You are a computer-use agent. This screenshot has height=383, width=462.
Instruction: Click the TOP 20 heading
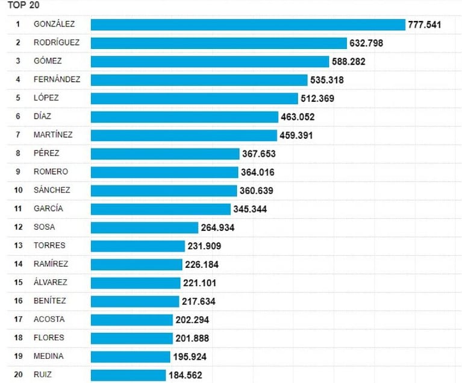click(23, 5)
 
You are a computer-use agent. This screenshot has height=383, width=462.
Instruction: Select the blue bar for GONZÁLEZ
click(248, 25)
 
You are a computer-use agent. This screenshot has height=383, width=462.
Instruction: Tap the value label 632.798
click(366, 43)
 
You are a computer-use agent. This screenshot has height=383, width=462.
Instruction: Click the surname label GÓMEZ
click(48, 61)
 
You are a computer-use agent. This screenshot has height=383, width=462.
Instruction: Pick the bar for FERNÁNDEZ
click(199, 80)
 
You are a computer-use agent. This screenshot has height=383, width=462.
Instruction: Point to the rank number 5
click(18, 98)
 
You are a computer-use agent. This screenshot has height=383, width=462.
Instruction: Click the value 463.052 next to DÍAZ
click(298, 117)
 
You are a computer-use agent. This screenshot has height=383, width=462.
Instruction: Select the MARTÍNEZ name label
click(54, 135)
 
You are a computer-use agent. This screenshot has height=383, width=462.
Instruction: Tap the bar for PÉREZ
click(165, 154)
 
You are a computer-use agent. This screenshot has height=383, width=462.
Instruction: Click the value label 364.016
click(257, 173)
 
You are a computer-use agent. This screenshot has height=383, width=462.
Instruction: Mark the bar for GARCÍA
click(161, 209)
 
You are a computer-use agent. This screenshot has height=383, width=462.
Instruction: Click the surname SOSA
click(44, 227)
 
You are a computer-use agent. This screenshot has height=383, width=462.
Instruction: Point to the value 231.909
click(204, 246)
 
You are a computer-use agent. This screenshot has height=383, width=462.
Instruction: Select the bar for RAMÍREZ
click(136, 264)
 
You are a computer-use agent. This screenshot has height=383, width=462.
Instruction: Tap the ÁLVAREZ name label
click(51, 282)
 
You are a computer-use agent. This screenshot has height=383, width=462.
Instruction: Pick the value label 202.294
click(192, 320)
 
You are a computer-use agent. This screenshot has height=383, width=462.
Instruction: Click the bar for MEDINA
click(130, 356)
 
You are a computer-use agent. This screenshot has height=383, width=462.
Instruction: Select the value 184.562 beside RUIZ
click(185, 376)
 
